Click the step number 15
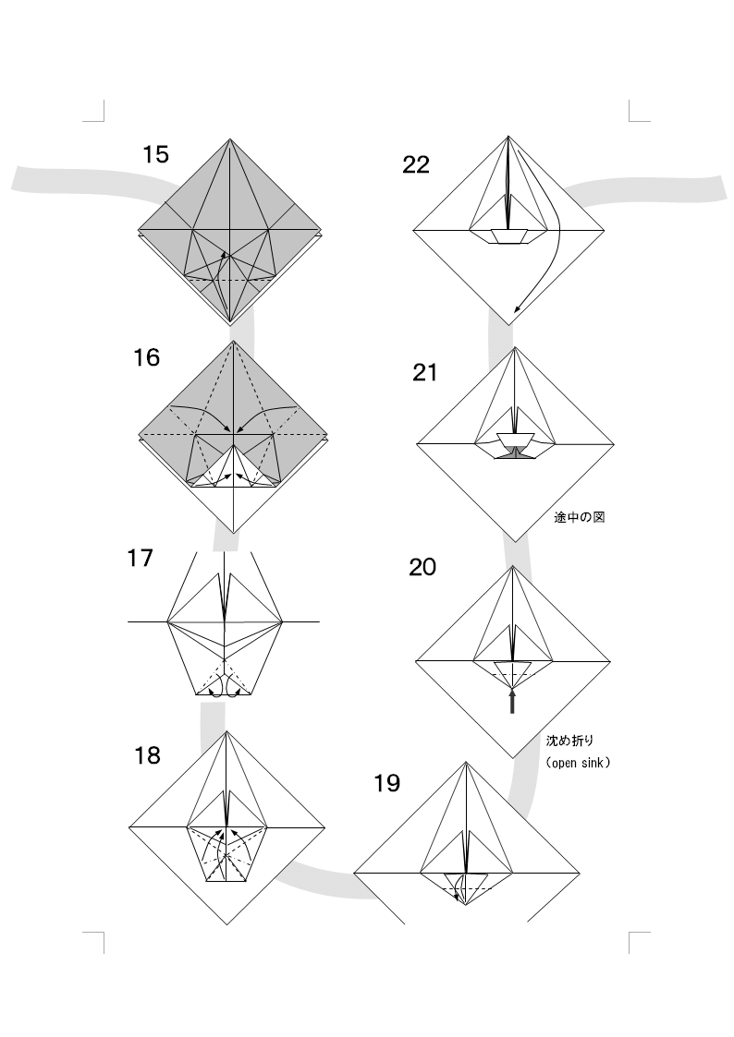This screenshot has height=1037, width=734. point(155,155)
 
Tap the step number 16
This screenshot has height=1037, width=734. point(146,357)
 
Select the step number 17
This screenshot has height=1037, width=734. point(140,558)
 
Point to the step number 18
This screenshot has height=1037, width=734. point(147,755)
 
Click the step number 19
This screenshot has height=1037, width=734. point(387,784)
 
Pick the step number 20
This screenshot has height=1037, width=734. point(422,567)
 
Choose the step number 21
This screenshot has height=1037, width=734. point(425,373)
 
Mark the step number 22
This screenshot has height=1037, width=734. point(416,164)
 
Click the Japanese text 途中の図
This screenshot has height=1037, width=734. point(579,517)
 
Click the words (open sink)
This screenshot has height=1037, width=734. point(578,763)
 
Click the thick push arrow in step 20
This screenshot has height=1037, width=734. point(511,701)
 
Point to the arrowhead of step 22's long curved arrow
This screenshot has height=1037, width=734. point(518,308)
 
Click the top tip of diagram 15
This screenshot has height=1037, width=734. point(230,139)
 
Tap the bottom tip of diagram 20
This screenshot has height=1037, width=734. point(512,758)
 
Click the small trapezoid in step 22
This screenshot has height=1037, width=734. point(508,236)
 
